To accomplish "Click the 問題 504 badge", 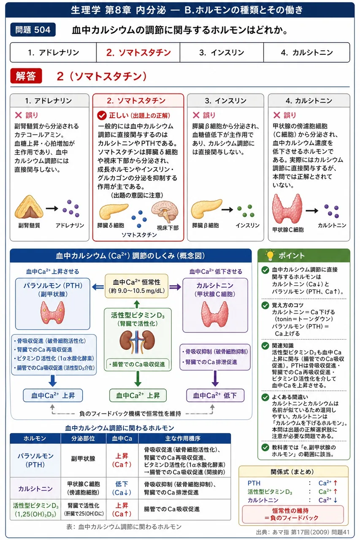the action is click(x=33, y=30).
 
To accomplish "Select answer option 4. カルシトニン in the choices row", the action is click(x=306, y=53).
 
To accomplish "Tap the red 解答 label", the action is click(x=26, y=76).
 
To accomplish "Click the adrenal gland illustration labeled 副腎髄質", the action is click(x=29, y=207).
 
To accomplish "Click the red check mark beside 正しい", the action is click(x=102, y=116).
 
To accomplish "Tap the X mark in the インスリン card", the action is click(x=196, y=115).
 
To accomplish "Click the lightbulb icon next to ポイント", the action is click(x=270, y=255).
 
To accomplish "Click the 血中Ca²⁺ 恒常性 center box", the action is click(x=136, y=286).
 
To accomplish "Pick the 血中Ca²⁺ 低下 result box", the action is click(x=215, y=395).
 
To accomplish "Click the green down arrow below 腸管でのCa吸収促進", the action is click(x=138, y=379).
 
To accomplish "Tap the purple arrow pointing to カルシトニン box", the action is click(x=175, y=286).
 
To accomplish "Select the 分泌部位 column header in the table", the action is click(x=83, y=438).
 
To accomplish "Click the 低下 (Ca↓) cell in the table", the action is click(x=122, y=488).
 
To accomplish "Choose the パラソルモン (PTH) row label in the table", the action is click(x=35, y=460).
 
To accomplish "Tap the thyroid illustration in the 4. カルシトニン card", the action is click(x=287, y=208).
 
